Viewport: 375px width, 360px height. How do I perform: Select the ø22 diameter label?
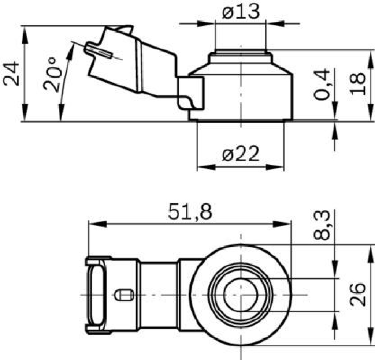[x=241, y=155]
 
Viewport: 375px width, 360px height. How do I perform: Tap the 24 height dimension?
[x=12, y=74]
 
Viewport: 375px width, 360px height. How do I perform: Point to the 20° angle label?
[x=50, y=74]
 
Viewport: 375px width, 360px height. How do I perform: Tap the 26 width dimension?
[x=357, y=294]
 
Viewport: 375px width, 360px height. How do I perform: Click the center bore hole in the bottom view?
[x=241, y=295]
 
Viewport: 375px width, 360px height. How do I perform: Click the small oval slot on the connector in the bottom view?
[x=123, y=295]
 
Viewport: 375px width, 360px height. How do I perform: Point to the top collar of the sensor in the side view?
[x=240, y=53]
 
